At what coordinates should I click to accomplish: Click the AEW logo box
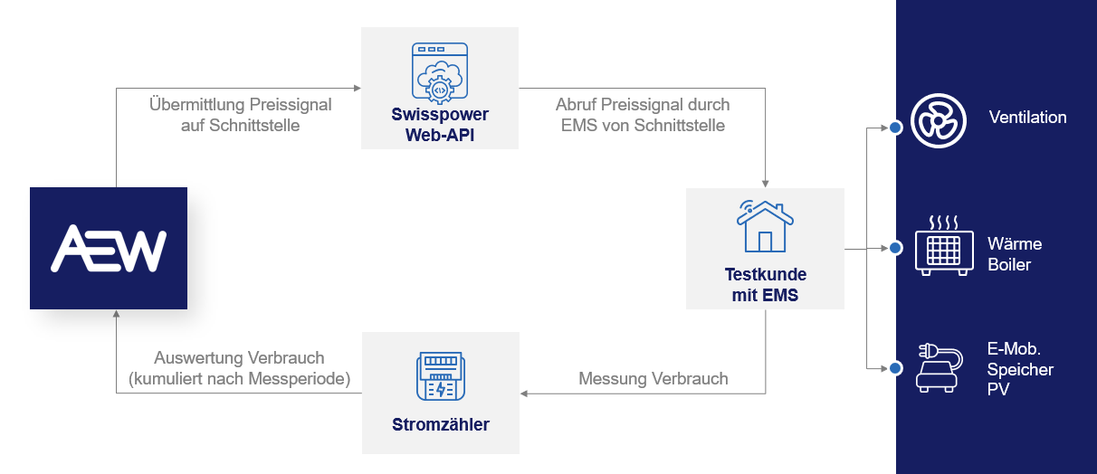109,248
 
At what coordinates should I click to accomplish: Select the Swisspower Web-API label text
440,125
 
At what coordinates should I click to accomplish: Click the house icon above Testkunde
765,226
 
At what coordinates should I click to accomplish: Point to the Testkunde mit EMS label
765,284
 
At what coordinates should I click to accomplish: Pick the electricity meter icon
441,375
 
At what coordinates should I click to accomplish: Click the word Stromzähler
441,423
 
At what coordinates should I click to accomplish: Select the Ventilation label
1027,118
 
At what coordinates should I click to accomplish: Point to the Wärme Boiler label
1015,254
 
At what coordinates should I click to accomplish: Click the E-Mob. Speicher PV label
1020,369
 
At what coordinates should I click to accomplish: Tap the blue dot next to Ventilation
895,128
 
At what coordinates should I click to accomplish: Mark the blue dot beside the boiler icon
895,248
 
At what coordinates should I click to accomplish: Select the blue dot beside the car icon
895,368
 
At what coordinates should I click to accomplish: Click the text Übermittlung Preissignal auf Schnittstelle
240,115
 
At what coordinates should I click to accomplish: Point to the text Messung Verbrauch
653,379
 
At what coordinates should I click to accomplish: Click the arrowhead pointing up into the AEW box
117,316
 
